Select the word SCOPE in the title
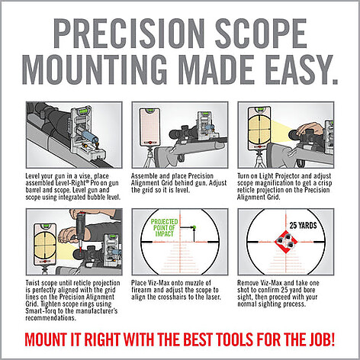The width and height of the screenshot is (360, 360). point(261,33)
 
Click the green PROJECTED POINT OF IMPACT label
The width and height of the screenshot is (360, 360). point(164,228)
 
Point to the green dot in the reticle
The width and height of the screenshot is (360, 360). point(194,227)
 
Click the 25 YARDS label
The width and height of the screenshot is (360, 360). point(303,226)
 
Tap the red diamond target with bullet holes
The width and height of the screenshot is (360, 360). point(286,242)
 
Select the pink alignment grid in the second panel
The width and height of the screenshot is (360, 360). point(149,127)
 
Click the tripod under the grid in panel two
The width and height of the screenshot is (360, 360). point(150,158)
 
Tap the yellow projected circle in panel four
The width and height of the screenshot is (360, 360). point(45,246)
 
